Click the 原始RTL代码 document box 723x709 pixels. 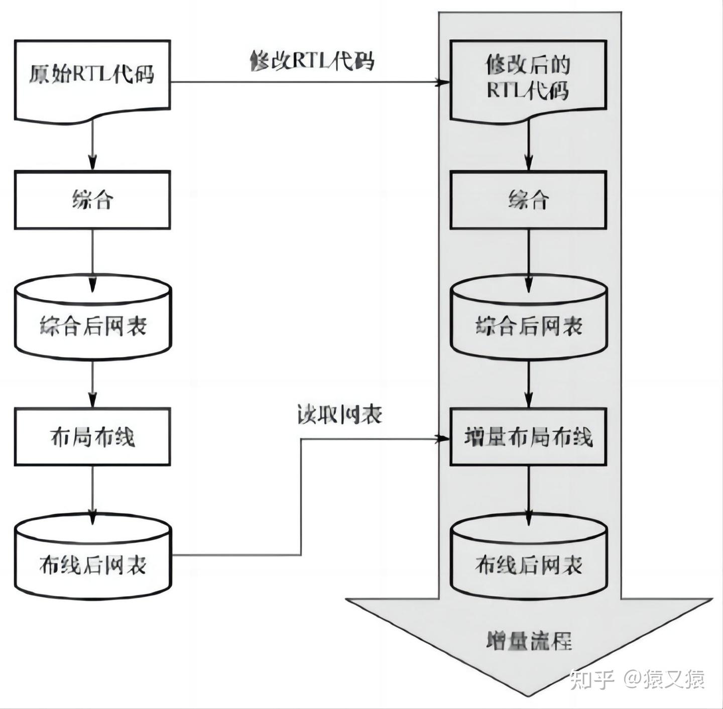(x=92, y=78)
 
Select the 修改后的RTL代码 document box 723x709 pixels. (x=528, y=78)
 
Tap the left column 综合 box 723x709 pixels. (x=92, y=200)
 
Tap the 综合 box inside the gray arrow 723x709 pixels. (x=528, y=200)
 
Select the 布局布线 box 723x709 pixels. (x=92, y=436)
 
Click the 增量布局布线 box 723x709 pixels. (x=528, y=436)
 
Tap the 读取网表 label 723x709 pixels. (x=340, y=415)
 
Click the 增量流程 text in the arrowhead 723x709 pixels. (x=529, y=641)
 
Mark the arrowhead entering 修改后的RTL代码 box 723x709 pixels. (x=443, y=82)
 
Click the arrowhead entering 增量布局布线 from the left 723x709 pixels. (x=443, y=439)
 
